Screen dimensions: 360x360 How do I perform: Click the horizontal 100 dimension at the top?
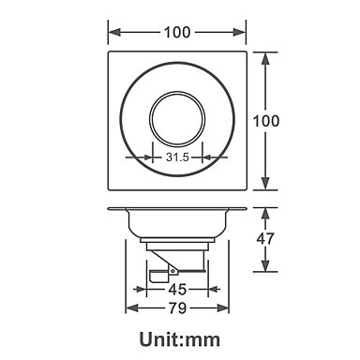pyautogui.click(x=177, y=32)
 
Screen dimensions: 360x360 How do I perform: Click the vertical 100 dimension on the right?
pyautogui.click(x=266, y=121)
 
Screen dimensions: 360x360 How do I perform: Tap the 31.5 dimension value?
pyautogui.click(x=177, y=157)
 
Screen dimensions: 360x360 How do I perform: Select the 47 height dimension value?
pyautogui.click(x=265, y=239)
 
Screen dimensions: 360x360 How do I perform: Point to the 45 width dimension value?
pyautogui.click(x=177, y=290)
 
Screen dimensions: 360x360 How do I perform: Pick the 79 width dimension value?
pyautogui.click(x=177, y=308)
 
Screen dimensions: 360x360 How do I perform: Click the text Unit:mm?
pyautogui.click(x=180, y=339)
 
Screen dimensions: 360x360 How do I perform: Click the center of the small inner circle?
pyautogui.click(x=177, y=119)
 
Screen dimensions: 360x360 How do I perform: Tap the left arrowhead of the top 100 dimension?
pyautogui.click(x=114, y=32)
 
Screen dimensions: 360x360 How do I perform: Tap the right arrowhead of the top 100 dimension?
pyautogui.click(x=240, y=32)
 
